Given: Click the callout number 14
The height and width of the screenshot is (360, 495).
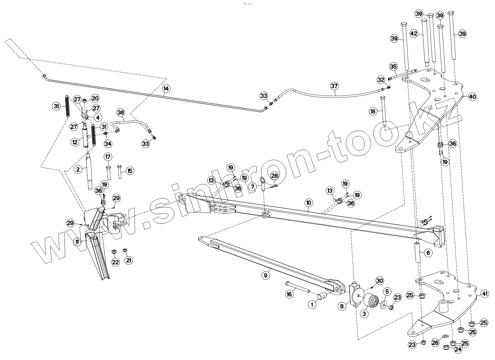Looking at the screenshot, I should [166, 88].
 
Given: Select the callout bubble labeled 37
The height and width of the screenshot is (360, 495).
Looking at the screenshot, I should [334, 86].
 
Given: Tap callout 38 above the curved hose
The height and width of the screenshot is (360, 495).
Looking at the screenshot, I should [121, 112].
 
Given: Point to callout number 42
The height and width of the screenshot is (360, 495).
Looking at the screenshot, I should [413, 33].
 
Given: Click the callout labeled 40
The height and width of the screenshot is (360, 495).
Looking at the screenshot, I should [472, 97].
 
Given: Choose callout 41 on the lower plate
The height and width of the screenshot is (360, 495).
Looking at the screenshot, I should [485, 294].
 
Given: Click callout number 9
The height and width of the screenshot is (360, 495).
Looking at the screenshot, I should [265, 275].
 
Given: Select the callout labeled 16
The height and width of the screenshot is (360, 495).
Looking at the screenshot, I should [289, 294].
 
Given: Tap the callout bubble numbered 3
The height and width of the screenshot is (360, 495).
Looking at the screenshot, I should [364, 314].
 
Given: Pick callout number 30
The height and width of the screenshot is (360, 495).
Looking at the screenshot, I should [379, 281].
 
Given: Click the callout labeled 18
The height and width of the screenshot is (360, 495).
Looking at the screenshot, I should [373, 111].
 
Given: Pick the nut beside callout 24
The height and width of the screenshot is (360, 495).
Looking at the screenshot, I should [446, 347].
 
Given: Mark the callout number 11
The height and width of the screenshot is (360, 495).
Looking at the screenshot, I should [77, 242].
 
